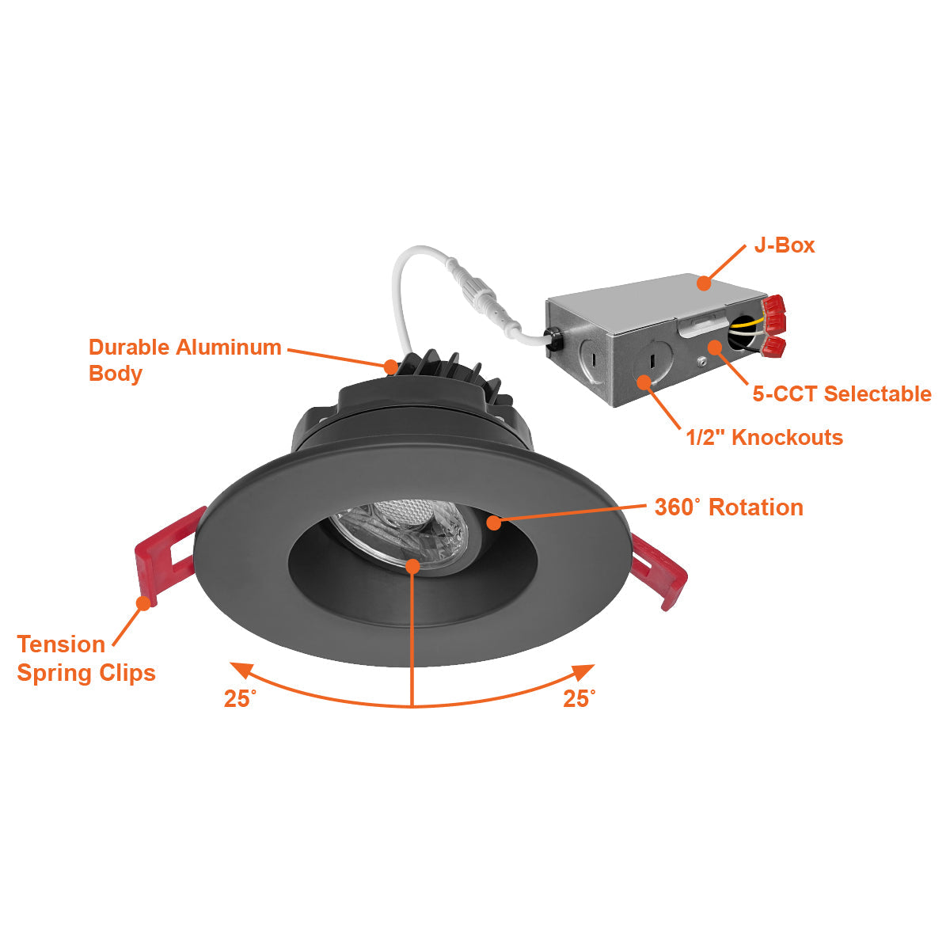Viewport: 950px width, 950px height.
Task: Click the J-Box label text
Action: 784,245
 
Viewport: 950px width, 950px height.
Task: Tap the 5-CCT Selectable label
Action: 842,393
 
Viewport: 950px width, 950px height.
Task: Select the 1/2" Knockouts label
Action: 764,437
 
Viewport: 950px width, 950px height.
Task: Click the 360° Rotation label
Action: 728,507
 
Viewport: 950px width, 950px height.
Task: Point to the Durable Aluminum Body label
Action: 184,359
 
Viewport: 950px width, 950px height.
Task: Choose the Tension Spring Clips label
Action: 85,658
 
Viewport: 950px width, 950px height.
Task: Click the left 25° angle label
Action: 240,699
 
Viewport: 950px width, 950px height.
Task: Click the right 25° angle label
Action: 579,698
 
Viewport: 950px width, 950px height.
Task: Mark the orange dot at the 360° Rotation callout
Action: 494,522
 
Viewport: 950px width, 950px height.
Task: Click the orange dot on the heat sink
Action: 391,366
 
